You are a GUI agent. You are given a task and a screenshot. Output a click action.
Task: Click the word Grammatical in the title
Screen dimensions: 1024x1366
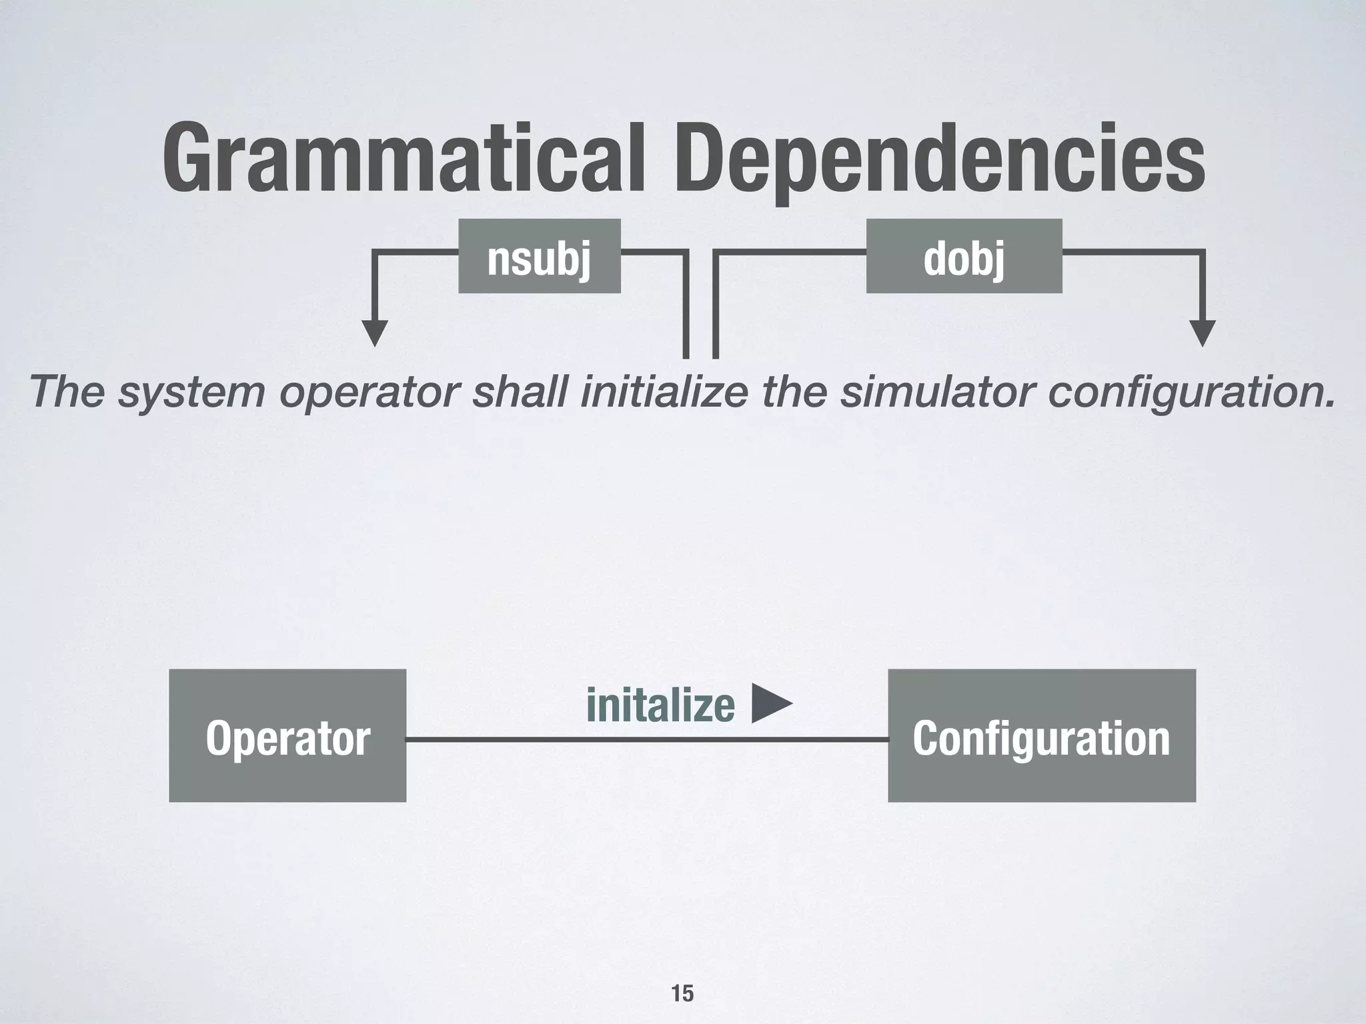point(404,160)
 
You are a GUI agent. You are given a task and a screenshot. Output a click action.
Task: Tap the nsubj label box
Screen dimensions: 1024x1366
point(539,257)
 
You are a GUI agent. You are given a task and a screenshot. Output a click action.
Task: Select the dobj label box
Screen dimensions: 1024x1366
point(964,257)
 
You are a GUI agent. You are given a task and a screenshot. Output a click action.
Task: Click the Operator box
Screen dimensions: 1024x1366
point(287,735)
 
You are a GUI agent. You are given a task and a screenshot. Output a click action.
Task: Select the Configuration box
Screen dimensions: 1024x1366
point(1041,735)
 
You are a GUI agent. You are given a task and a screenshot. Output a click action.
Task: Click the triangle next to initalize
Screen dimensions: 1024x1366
point(770,703)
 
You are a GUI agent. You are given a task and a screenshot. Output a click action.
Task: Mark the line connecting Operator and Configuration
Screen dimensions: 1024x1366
point(647,739)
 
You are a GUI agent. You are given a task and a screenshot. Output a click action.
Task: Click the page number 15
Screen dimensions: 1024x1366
point(682,993)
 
